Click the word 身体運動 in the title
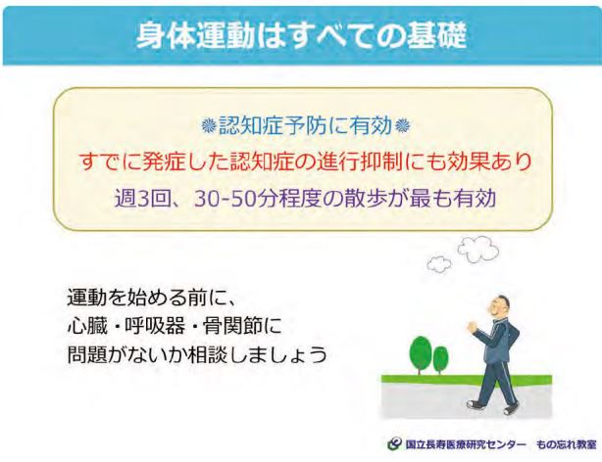[196, 35]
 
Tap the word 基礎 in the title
[436, 35]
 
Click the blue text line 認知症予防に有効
[306, 125]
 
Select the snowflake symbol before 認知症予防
[209, 126]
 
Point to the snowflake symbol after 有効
[402, 126]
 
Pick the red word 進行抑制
[361, 162]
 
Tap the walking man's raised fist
[473, 328]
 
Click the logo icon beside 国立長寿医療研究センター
[395, 444]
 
